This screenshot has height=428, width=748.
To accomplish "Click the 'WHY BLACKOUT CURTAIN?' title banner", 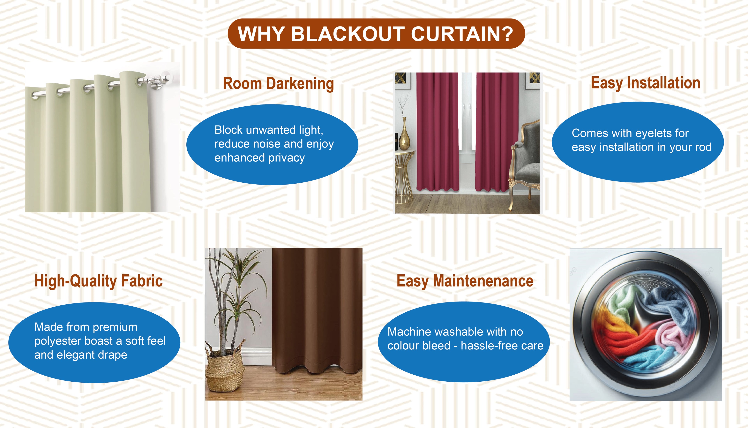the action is (x=376, y=34).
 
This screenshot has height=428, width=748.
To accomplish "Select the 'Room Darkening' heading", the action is (x=278, y=84).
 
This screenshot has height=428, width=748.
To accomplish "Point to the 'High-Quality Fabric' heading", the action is (x=98, y=281).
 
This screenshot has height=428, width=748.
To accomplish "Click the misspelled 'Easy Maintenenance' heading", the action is (x=465, y=281).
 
